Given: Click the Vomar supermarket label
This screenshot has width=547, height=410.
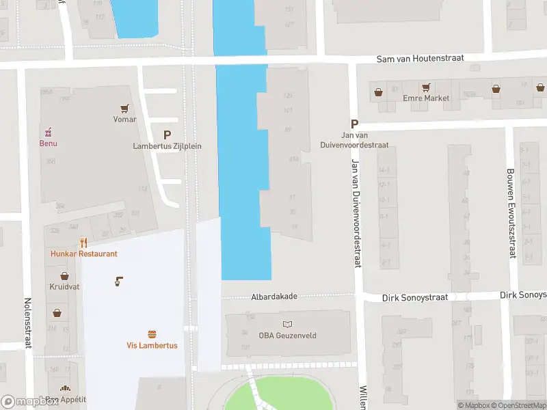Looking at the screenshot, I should click(x=124, y=120).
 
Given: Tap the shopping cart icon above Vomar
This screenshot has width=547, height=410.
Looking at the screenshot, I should click(x=124, y=108).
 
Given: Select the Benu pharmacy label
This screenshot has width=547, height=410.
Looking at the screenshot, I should click(x=48, y=143).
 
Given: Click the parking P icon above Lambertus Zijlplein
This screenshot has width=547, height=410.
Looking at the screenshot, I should click(x=167, y=135).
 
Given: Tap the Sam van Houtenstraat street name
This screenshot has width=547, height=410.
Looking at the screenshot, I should click(x=420, y=59).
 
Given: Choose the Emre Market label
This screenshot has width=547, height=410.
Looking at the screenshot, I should click(x=426, y=98).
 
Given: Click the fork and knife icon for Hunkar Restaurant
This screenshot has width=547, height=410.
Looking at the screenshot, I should click(x=83, y=243).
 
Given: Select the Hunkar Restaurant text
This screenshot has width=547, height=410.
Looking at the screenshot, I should click(x=83, y=254).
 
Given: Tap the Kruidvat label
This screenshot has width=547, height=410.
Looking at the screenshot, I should click(x=64, y=287).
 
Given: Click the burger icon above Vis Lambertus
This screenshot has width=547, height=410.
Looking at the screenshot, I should click(x=152, y=334).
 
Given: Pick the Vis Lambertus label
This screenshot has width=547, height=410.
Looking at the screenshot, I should click(x=152, y=345).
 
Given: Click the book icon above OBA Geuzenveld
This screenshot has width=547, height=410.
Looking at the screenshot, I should click(x=287, y=324).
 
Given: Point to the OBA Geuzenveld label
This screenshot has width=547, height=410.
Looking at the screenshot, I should click(x=287, y=335).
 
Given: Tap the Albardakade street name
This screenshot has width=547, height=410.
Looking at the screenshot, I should click(x=273, y=297).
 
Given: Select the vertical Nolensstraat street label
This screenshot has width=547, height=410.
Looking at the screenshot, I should click(x=28, y=323).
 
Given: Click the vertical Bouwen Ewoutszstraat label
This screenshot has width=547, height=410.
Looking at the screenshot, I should click(x=510, y=213).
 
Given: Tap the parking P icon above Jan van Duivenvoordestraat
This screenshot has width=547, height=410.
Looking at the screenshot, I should click(x=354, y=124).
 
